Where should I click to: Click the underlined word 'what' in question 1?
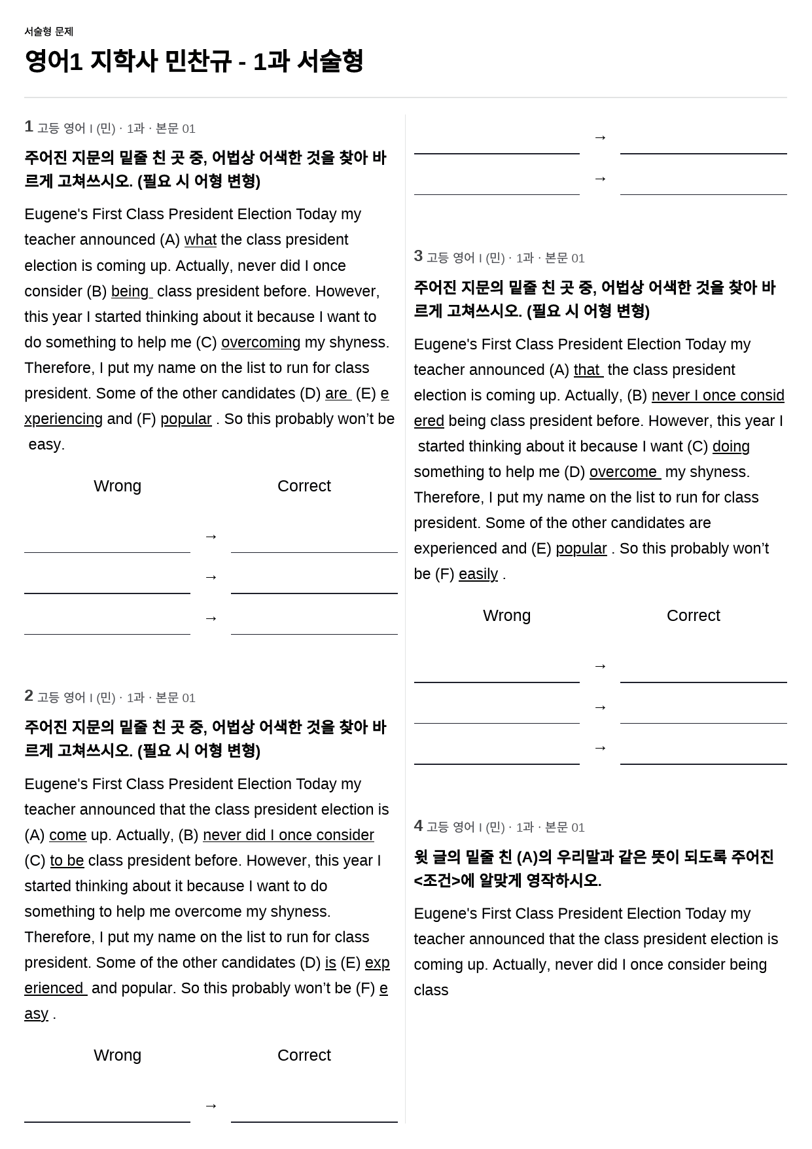click(x=200, y=240)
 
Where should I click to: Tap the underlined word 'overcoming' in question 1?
click(x=260, y=343)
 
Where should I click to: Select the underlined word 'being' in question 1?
click(x=131, y=292)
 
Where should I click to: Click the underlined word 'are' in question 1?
click(x=337, y=394)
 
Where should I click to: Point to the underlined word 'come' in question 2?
click(x=67, y=836)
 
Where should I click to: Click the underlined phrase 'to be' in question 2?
click(x=67, y=861)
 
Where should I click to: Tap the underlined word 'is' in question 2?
click(x=330, y=963)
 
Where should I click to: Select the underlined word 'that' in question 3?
click(x=588, y=370)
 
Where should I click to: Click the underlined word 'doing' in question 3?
click(x=731, y=447)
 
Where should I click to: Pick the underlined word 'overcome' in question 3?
click(x=624, y=472)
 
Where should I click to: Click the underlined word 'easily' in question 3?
click(x=478, y=574)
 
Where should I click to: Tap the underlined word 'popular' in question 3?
click(x=581, y=549)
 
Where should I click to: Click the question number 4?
click(x=418, y=826)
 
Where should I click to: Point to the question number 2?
click(x=29, y=696)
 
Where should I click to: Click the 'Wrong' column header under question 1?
click(x=117, y=486)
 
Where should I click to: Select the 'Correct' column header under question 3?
click(x=693, y=616)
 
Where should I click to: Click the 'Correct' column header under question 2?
click(x=304, y=1055)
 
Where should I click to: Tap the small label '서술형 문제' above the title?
click(x=48, y=31)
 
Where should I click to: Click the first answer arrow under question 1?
click(x=211, y=537)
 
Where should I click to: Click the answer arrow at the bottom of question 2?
click(x=211, y=1106)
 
